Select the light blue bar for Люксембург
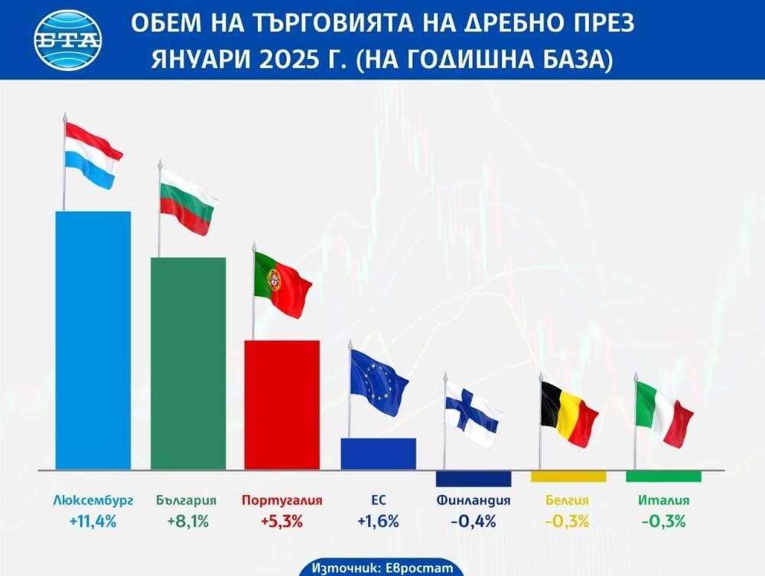click(93, 340)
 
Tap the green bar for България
click(188, 363)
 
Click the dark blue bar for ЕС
click(378, 453)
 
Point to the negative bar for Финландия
click(474, 478)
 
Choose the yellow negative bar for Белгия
click(568, 476)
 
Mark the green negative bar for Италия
click(663, 476)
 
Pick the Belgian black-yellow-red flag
click(568, 414)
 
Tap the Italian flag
click(663, 414)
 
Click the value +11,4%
click(93, 522)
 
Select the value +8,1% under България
click(188, 522)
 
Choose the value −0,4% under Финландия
click(474, 522)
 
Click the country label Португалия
click(282, 501)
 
